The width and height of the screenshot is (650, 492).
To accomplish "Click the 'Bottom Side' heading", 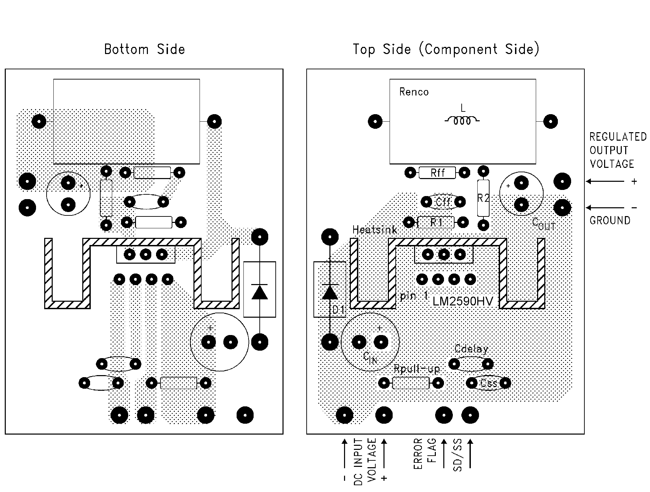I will pyautogui.click(x=144, y=49).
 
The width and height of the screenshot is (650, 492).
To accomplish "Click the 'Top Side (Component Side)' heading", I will pyautogui.click(x=446, y=49).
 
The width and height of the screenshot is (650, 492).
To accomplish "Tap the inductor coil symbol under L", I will pyautogui.click(x=462, y=121).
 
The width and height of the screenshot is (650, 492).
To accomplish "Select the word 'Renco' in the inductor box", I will pyautogui.click(x=414, y=92).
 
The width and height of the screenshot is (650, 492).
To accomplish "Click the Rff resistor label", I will pyautogui.click(x=437, y=173).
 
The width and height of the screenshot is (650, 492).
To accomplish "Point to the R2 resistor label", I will pyautogui.click(x=483, y=198).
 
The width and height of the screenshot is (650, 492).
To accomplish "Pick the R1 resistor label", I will pyautogui.click(x=436, y=223).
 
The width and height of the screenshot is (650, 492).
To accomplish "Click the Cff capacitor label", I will pyautogui.click(x=443, y=202).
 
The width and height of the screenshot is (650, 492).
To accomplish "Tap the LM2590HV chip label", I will pyautogui.click(x=462, y=301).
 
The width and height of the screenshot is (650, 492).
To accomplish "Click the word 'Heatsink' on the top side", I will pyautogui.click(x=375, y=230).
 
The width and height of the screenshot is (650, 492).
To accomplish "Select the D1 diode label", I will pyautogui.click(x=338, y=310).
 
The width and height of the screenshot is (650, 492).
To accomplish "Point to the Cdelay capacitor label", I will pyautogui.click(x=471, y=349).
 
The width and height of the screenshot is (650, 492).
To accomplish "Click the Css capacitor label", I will pyautogui.click(x=489, y=383).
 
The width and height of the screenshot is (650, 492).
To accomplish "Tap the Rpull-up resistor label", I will pyautogui.click(x=416, y=369).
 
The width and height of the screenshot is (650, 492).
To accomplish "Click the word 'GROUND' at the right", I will pyautogui.click(x=610, y=221).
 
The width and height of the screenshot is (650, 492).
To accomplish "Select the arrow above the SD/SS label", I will pyautogui.click(x=470, y=454).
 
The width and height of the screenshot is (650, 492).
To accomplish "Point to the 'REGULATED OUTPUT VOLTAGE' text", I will pyautogui.click(x=618, y=151).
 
